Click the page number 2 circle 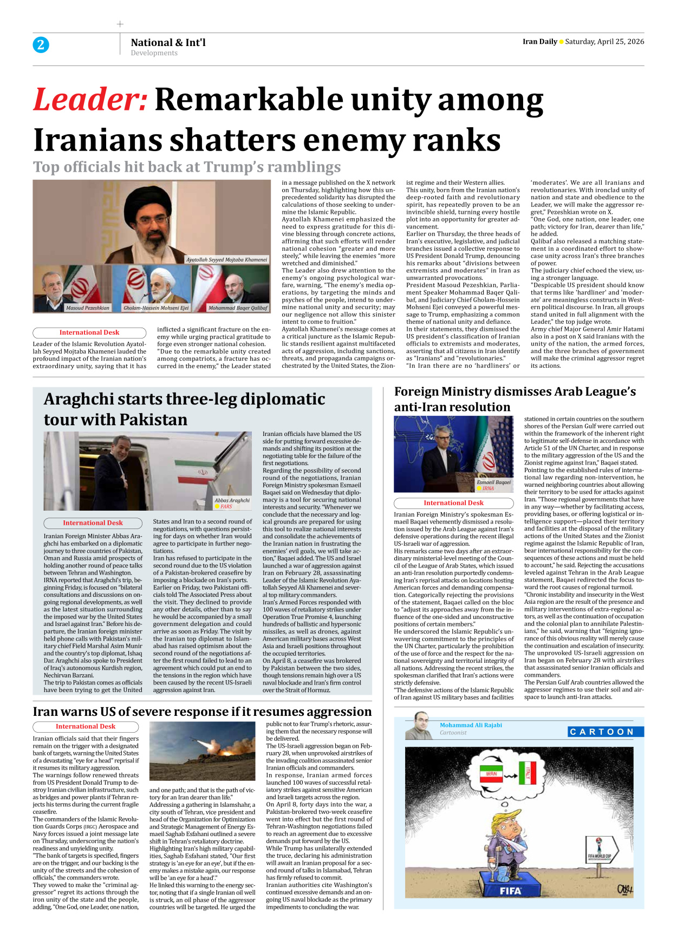[41, 44]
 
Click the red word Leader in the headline [90, 100]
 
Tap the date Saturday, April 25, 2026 [604, 42]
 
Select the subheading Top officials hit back [187, 167]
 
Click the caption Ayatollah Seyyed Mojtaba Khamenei [226, 260]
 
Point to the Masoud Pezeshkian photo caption [87, 308]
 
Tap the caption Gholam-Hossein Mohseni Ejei [156, 308]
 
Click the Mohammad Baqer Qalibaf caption [238, 308]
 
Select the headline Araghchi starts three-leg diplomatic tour [184, 409]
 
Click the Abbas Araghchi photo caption [232, 500]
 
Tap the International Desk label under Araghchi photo [93, 523]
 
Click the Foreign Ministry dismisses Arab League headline [515, 399]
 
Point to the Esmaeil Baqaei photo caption [493, 482]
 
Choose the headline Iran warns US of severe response [202, 712]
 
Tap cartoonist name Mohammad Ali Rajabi [471, 725]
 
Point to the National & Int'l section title [168, 42]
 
